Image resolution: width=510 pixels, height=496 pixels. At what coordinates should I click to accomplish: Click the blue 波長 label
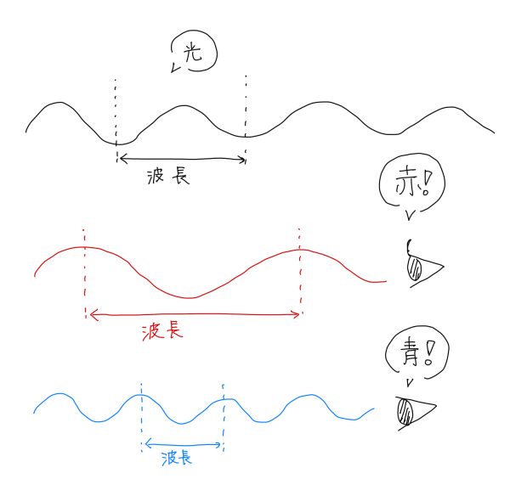[x=175, y=458]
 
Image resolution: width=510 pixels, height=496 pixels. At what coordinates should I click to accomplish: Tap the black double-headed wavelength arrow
[x=181, y=158]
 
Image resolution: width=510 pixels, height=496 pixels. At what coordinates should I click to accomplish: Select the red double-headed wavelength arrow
[x=194, y=314]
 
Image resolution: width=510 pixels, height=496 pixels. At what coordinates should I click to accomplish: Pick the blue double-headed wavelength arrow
[x=183, y=442]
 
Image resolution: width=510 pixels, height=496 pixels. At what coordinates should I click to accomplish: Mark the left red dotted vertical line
[x=85, y=272]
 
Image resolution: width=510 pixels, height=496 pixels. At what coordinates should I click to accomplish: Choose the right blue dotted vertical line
[x=223, y=416]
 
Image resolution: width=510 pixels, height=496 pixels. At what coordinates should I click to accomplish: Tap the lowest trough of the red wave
[x=190, y=298]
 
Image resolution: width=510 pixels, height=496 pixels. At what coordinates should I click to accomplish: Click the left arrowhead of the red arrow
[x=91, y=315]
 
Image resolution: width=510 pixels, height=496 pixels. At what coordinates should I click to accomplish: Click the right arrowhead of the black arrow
[x=242, y=158]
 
